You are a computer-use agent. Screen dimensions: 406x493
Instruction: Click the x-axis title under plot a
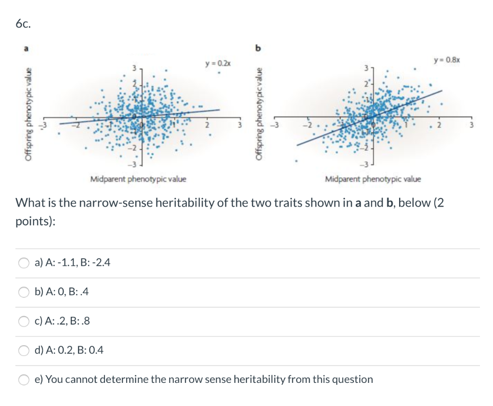(138, 180)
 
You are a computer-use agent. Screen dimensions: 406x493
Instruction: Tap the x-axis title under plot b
(373, 180)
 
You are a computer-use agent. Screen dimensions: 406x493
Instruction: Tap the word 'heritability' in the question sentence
(184, 202)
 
